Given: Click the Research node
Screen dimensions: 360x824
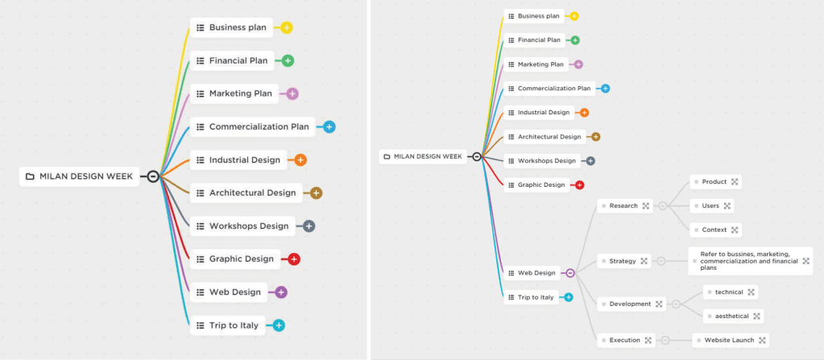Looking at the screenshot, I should click(623, 206).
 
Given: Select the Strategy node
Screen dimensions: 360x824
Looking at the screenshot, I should click(623, 261).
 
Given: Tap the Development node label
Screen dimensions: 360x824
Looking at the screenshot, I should click(630, 304).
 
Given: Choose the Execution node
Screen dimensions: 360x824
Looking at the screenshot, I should click(624, 341).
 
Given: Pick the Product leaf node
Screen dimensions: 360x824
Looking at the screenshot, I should click(714, 182).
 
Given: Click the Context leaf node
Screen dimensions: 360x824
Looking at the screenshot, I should click(714, 230).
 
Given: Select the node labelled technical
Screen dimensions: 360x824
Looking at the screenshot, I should click(729, 292).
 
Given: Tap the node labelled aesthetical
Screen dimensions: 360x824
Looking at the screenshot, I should click(731, 317).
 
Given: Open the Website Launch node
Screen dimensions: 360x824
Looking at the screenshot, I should click(729, 341).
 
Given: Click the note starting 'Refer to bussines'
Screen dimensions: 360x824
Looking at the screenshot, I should click(745, 261).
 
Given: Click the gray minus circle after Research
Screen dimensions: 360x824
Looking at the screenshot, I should click(663, 206).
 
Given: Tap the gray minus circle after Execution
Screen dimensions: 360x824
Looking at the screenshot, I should click(665, 341).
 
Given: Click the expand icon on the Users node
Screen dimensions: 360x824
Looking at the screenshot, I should click(727, 206).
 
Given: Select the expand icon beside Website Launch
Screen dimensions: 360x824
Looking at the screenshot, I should click(762, 341).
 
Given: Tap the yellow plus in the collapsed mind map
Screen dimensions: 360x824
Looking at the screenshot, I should click(287, 27).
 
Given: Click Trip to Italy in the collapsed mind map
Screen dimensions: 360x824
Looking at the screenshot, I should click(234, 325).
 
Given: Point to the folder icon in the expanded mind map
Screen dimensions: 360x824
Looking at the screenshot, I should click(387, 156).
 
